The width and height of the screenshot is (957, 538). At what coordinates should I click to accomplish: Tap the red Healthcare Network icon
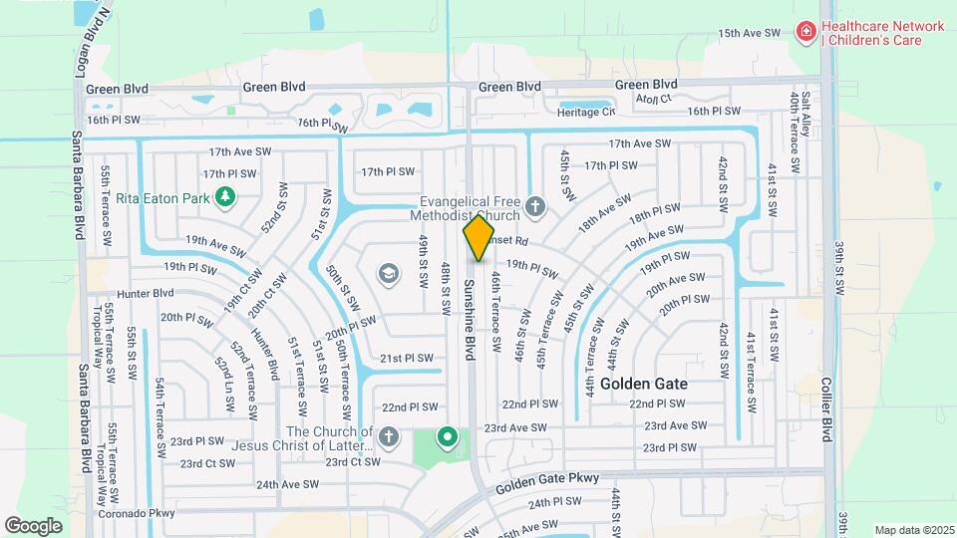tap(804, 33)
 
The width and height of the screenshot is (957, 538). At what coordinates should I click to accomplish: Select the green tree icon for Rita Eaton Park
tap(225, 197)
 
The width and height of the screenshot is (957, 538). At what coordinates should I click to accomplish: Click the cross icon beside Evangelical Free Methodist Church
tap(535, 208)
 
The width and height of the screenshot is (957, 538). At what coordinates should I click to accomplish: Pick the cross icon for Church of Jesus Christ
tap(388, 437)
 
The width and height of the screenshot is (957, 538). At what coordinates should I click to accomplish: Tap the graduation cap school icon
tap(388, 273)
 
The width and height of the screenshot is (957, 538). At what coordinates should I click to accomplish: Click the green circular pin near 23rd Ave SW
tap(448, 437)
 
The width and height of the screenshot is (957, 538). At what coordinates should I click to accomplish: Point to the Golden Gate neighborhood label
tap(643, 383)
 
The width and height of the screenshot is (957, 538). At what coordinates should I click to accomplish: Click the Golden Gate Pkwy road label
tap(547, 480)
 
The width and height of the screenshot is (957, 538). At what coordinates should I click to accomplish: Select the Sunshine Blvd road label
tap(470, 319)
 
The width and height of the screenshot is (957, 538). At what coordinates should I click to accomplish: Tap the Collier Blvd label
tap(826, 408)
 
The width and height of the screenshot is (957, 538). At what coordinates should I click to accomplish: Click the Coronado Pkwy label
tap(136, 513)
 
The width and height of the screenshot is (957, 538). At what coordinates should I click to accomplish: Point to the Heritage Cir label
tap(586, 113)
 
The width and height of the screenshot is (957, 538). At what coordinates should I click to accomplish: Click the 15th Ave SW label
tap(749, 33)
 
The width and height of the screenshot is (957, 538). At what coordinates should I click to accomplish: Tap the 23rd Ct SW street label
tap(207, 463)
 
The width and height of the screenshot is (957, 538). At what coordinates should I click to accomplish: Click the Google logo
tap(33, 525)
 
